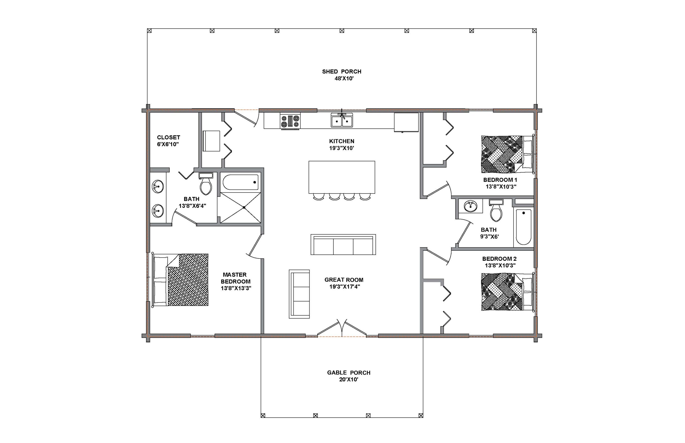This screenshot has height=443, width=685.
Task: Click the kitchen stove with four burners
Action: pos(290,121)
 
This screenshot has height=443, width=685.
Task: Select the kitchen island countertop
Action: pos(342,177)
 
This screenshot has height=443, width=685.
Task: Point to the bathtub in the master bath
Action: pos(241,182)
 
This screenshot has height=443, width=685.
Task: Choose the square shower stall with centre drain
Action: pos(241,207)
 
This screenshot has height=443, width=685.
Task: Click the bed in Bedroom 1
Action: pos(508,154)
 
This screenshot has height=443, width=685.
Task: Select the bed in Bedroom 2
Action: pos(508,292)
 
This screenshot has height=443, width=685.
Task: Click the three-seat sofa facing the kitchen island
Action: pos(343,245)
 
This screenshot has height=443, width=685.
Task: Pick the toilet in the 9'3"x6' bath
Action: pos(496,211)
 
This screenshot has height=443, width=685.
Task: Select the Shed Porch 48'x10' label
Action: pos(342,75)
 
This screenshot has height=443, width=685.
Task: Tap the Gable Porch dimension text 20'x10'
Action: pos(348,379)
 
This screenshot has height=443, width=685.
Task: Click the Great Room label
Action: pos(344,280)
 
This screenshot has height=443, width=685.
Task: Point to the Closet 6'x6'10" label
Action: pos(168,141)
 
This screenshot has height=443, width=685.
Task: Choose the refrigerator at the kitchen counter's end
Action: pos(406,122)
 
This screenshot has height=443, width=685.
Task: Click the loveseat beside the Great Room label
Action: pos(299,294)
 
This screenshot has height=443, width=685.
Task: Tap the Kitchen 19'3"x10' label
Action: pos(342,144)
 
